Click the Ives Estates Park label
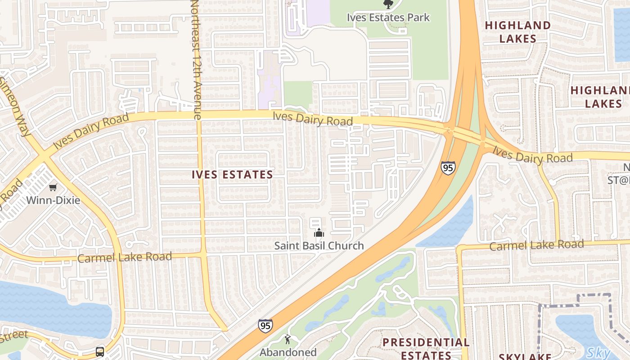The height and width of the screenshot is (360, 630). [388, 18]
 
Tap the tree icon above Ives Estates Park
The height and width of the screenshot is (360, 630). [388, 4]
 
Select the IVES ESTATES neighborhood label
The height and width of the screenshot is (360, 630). [232, 175]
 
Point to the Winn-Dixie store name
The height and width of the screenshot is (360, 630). [53, 200]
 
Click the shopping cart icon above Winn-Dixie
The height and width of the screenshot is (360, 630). [53, 187]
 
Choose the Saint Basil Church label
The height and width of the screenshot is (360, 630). [319, 246]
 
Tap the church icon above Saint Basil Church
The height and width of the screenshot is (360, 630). [319, 233]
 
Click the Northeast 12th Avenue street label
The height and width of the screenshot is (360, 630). [195, 58]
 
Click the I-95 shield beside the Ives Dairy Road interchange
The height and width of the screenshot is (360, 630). [448, 168]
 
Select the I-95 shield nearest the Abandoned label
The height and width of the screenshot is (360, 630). [265, 326]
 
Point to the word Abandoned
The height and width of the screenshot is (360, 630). [288, 352]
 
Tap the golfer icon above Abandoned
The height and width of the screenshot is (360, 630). [288, 339]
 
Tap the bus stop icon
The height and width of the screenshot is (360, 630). [100, 351]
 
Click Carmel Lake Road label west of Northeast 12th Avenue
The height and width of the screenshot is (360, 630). [125, 257]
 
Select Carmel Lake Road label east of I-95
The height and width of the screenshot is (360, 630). [536, 245]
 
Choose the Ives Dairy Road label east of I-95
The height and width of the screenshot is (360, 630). [532, 154]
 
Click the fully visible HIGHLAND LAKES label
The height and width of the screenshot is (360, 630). [517, 32]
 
